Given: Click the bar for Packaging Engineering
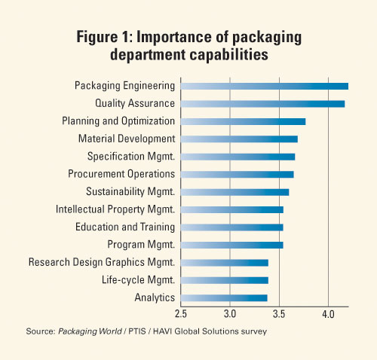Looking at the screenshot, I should coord(264,86).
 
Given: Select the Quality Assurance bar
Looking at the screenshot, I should coord(262,103).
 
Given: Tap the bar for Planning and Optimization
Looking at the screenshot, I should coord(243,121).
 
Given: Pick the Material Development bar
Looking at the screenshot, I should coord(239,139).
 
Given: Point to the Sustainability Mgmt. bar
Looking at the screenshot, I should coord(234,192).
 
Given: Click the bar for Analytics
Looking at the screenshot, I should coord(224,297).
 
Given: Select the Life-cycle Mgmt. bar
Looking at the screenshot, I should coord(224,280).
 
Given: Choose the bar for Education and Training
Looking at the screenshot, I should coord(231,227).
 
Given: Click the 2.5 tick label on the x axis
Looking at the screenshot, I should coord(181,312).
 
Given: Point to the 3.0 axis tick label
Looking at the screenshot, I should coord(230,312).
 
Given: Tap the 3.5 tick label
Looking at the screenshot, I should coord(279,312).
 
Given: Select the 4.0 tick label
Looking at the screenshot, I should coord(328,312).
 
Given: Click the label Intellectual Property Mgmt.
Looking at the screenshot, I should coord(115,209).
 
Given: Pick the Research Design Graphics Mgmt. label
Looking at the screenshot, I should coord(102,262).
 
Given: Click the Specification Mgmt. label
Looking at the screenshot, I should coord(127,157).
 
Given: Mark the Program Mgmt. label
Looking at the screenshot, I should coord(142,245).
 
